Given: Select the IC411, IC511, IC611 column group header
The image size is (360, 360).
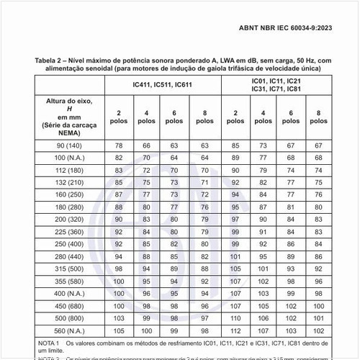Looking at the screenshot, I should (x=162, y=84).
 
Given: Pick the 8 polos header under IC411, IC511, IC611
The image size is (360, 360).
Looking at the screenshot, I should (x=204, y=117).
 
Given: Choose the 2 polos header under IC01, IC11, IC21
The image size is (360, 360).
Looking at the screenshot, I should (x=234, y=117).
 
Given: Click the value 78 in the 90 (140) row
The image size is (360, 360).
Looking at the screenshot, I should (x=119, y=145).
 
